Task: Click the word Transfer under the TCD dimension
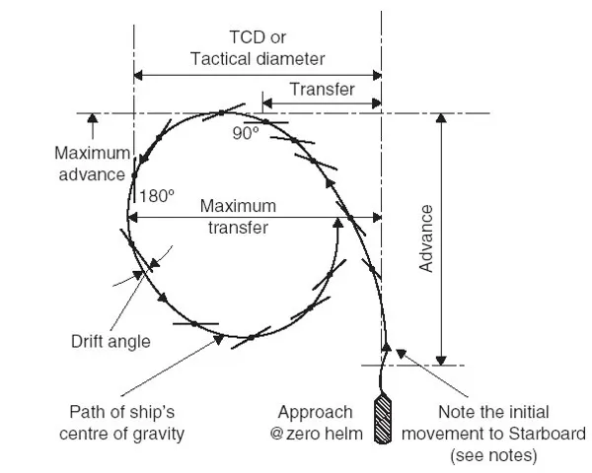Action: click(x=322, y=89)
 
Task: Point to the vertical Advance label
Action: click(x=426, y=236)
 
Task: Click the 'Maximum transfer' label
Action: click(x=238, y=216)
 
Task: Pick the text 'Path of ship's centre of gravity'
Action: click(x=127, y=421)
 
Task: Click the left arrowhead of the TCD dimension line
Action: click(x=139, y=74)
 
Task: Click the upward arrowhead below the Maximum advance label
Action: click(x=94, y=121)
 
